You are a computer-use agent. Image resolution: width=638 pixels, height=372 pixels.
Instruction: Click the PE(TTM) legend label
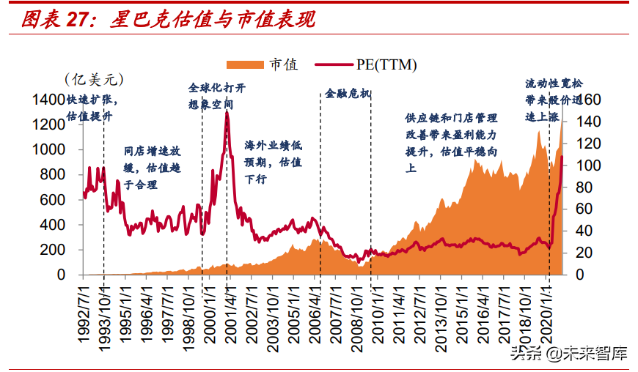coord(386,65)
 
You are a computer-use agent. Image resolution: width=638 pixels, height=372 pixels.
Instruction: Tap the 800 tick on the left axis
coord(54,174)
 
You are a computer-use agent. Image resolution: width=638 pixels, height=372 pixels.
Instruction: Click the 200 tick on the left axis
coord(54,250)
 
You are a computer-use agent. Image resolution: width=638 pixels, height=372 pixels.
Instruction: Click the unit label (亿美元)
coord(94,78)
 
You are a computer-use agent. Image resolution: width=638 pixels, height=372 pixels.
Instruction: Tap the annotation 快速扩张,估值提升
coord(91,108)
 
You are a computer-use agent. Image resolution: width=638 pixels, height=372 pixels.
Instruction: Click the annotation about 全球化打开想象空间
coord(217,95)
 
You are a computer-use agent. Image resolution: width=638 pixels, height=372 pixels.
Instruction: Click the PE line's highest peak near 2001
coord(227,113)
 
